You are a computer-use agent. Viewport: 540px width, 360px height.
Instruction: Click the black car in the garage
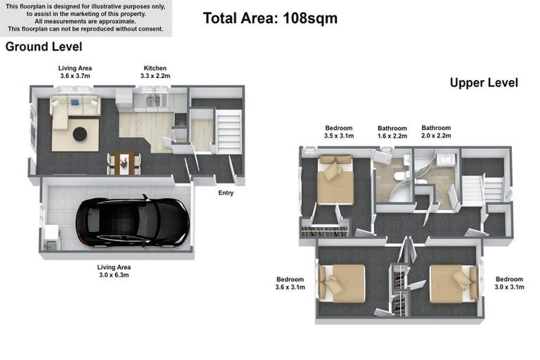[133, 222]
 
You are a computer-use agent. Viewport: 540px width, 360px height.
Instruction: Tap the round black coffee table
[80, 134]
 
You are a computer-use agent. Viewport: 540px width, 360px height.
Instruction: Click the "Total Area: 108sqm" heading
[270, 18]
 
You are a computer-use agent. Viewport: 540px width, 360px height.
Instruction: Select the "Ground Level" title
[44, 46]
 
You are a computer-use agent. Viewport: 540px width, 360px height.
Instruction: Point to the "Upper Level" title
[484, 83]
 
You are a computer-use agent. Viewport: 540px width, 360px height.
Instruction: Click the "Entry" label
[226, 193]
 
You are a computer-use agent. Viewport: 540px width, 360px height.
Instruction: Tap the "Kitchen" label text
[155, 68]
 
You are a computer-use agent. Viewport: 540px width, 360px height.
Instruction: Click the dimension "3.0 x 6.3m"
[114, 275]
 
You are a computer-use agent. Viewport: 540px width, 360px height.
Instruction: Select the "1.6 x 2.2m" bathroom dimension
[392, 136]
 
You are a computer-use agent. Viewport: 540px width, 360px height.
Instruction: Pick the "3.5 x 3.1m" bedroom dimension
[339, 136]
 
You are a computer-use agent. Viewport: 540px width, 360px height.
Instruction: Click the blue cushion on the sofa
[75, 103]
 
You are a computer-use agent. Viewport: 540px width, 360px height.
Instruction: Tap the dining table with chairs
[124, 164]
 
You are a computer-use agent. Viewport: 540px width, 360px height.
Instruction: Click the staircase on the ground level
[229, 131]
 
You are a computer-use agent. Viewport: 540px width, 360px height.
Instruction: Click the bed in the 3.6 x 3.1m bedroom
[341, 283]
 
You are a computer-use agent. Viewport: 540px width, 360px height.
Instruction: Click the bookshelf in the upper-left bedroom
[324, 231]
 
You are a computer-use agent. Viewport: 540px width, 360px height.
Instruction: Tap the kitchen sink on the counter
[153, 101]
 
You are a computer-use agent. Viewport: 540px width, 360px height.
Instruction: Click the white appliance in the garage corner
[51, 237]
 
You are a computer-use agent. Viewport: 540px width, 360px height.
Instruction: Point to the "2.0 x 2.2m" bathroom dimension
[437, 136]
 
